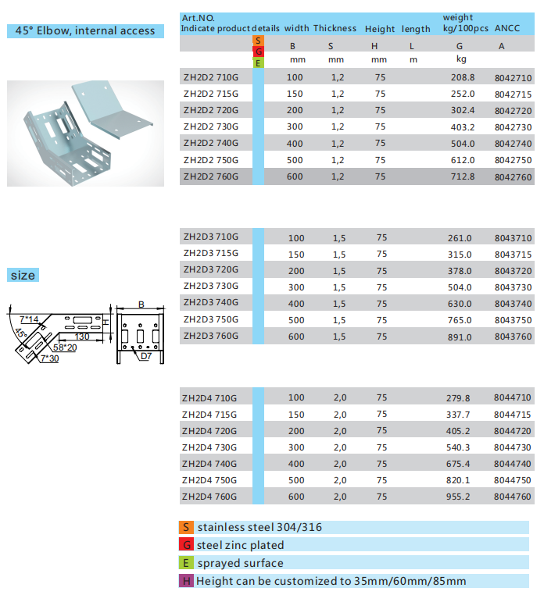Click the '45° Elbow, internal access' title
click(x=86, y=31)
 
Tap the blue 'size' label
click(x=23, y=276)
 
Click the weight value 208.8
click(x=463, y=77)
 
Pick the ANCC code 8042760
click(x=513, y=177)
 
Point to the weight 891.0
click(x=460, y=337)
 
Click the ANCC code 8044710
click(x=513, y=397)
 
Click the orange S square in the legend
click(x=186, y=527)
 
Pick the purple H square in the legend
click(x=186, y=581)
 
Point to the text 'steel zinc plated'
click(x=241, y=545)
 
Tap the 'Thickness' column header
click(x=335, y=28)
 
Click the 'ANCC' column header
click(x=507, y=28)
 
